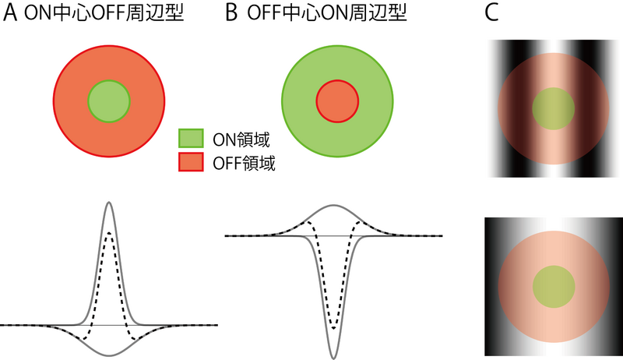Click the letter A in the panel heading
coord(9,16)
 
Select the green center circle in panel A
coord(108,102)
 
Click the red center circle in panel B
coord(337,101)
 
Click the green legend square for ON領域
coord(192,139)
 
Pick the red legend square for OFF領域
coord(192,163)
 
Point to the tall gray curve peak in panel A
coord(109,203)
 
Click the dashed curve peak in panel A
coord(109,232)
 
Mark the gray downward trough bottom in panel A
coord(109,356)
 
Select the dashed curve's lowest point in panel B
coord(334,328)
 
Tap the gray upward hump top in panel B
coord(334,205)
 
